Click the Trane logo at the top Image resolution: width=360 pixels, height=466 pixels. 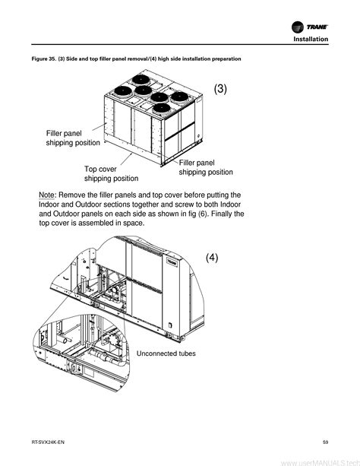(310, 27)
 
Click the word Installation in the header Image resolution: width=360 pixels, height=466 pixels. (311, 40)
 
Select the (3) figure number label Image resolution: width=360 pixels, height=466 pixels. (220, 89)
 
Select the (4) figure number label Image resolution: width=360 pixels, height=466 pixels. (212, 258)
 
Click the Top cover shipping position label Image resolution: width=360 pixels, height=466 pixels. (111, 173)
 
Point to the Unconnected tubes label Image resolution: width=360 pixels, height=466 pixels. (166, 353)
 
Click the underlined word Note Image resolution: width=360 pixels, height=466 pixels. (46, 195)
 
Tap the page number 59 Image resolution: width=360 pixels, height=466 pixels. (326, 442)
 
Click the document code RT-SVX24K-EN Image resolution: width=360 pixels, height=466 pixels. (48, 442)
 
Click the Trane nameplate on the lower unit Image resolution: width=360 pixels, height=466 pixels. (172, 262)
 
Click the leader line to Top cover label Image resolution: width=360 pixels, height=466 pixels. (126, 159)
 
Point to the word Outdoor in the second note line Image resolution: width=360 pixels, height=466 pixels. (89, 204)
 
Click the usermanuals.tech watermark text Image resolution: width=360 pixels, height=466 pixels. (321, 463)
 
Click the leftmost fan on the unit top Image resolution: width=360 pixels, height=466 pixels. (123, 91)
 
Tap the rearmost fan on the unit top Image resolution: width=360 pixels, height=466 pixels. (141, 79)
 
